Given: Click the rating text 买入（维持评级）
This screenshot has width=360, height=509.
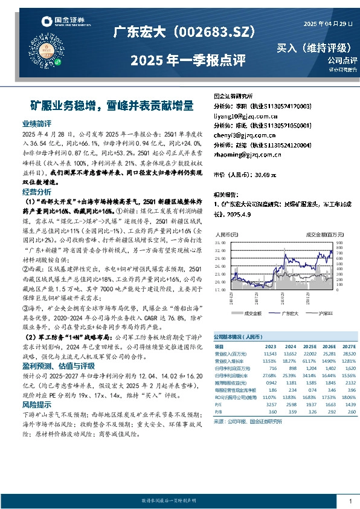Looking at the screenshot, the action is click(x=317, y=47).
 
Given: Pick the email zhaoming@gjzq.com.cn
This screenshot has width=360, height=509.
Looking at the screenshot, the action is click(x=248, y=154).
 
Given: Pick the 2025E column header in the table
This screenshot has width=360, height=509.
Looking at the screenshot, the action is click(x=310, y=346).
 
